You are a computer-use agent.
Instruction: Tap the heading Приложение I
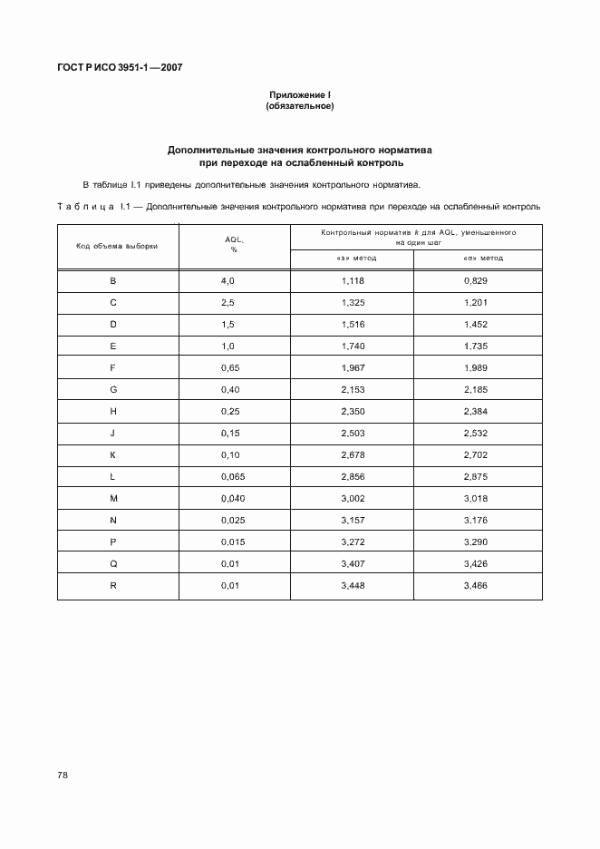299,95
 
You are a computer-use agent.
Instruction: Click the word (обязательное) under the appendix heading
299,106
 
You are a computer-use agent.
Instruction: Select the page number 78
63,776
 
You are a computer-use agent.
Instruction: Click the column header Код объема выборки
118,247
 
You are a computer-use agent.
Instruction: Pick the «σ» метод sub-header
478,259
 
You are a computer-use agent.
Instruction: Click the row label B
113,281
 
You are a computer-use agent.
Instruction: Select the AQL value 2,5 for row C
227,301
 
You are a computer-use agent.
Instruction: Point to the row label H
113,412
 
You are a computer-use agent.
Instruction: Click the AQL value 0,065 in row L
231,477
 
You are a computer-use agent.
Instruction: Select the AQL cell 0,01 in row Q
229,564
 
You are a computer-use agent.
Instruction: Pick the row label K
113,455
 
